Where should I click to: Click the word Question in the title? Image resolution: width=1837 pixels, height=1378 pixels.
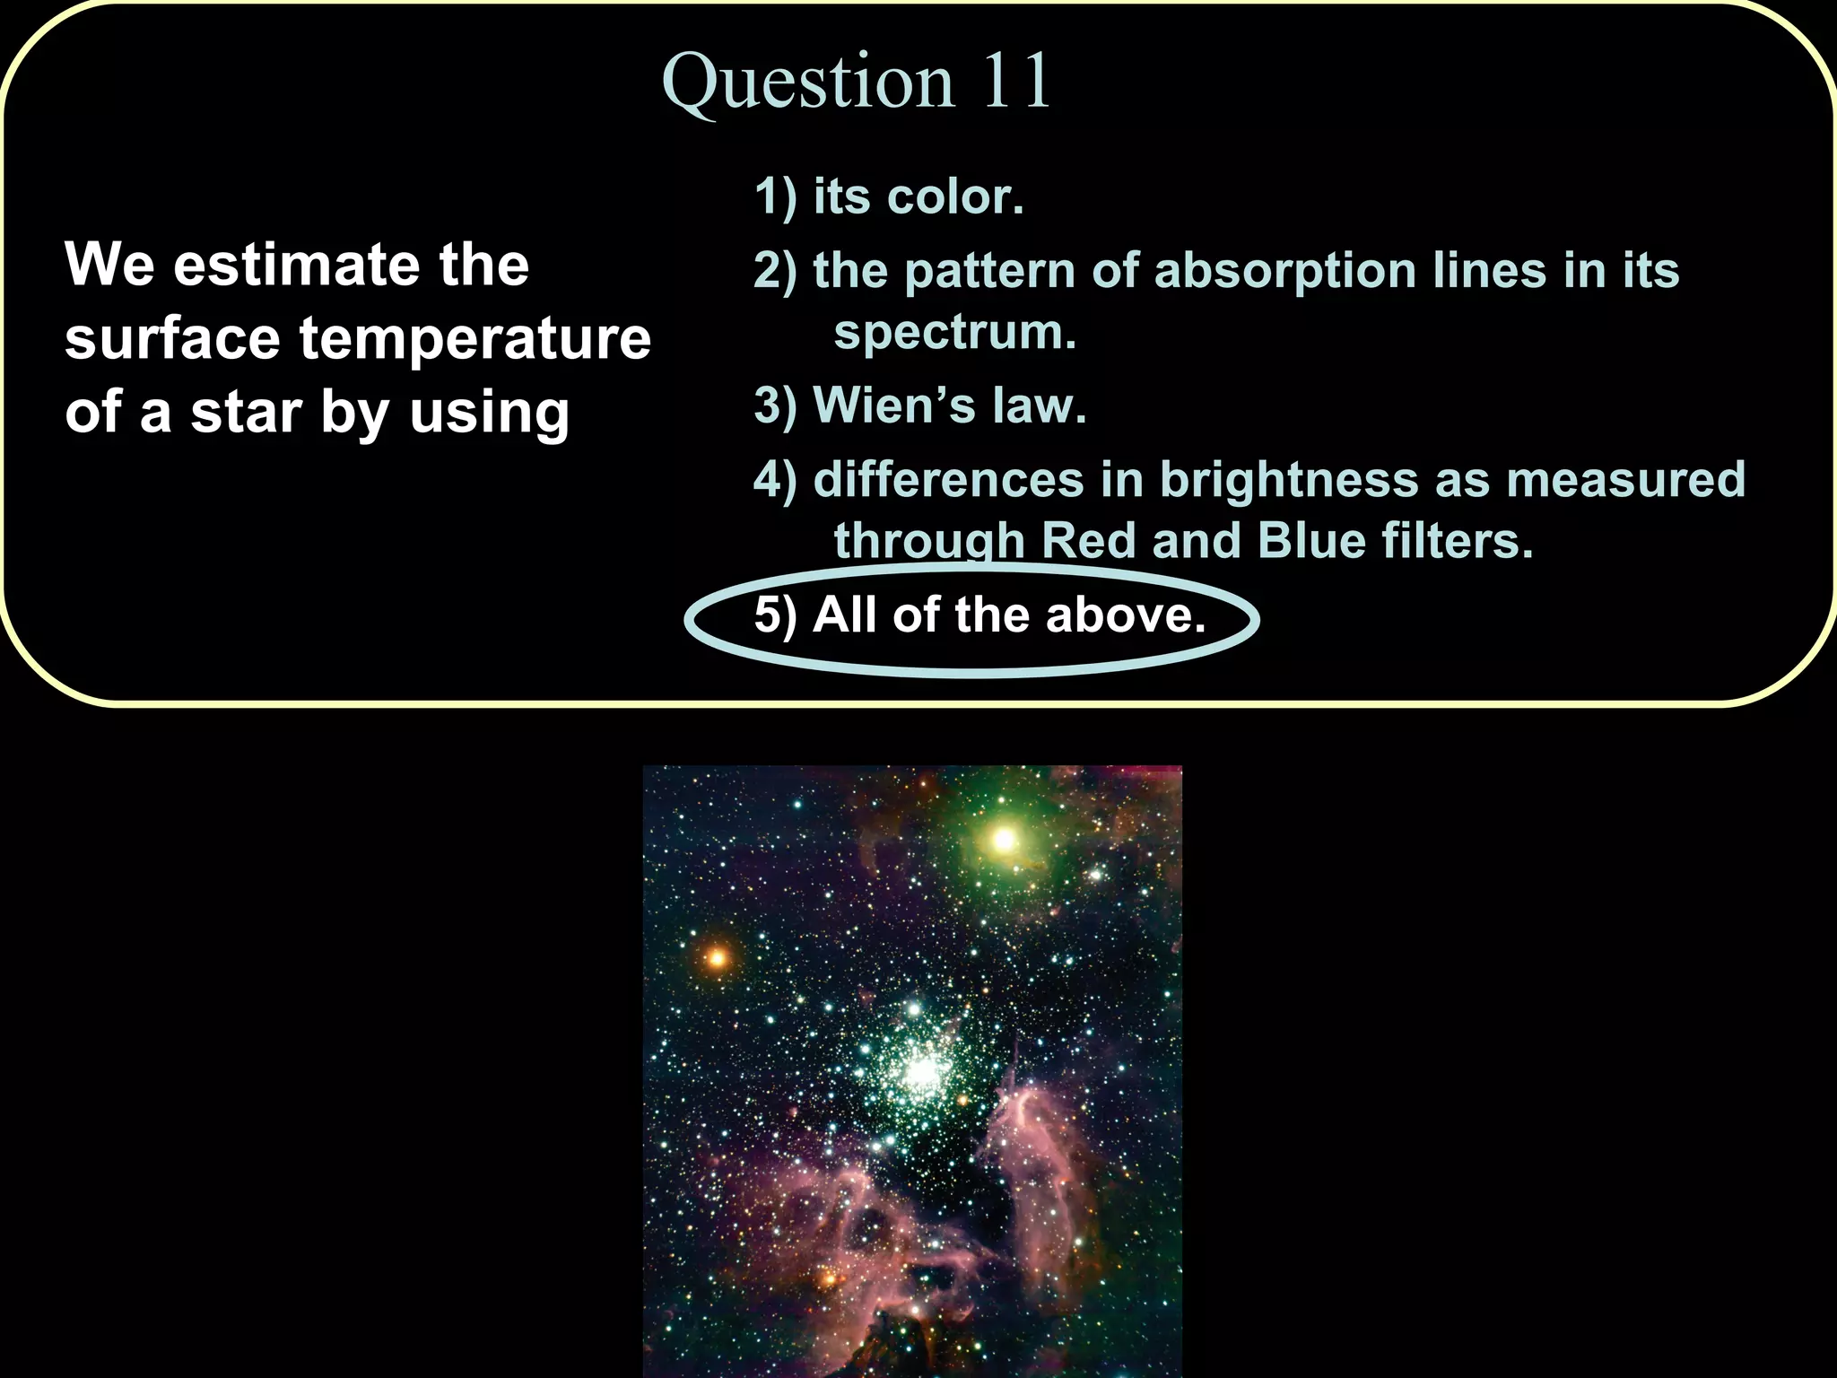807,83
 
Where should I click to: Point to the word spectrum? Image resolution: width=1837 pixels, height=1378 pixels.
954,334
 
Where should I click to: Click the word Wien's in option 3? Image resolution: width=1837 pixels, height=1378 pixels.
893,406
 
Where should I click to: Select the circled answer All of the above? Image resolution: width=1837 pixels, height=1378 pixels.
979,616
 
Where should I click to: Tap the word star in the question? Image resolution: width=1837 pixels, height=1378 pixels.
246,413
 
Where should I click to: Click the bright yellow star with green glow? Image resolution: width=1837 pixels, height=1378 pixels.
1004,841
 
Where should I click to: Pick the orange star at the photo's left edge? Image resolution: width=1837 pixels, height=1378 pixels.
716,957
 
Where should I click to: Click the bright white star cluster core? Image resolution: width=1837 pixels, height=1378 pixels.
920,1070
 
